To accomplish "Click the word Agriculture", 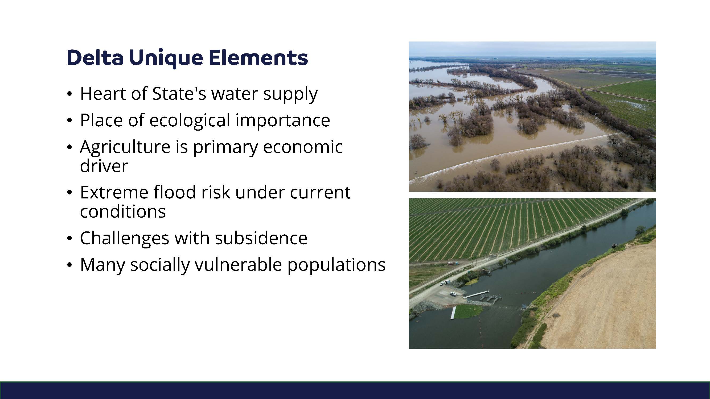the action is pyautogui.click(x=125, y=147).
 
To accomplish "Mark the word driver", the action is pyautogui.click(x=104, y=166).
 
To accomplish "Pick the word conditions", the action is pyautogui.click(x=123, y=211).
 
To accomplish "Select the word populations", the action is pyautogui.click(x=336, y=265).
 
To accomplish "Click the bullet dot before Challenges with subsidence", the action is pyautogui.click(x=69, y=238).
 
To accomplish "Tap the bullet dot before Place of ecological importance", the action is pyautogui.click(x=69, y=121).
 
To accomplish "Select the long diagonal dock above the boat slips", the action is pyautogui.click(x=476, y=294).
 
